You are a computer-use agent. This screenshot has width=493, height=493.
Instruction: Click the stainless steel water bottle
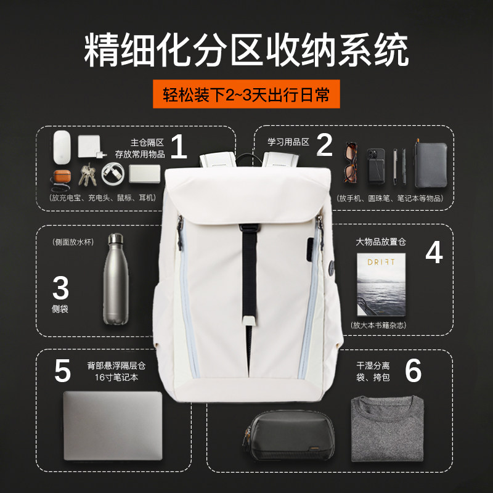(x=116, y=279)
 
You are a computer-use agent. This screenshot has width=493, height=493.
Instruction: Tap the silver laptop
(x=113, y=426)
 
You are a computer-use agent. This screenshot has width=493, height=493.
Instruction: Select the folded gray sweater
(x=388, y=428)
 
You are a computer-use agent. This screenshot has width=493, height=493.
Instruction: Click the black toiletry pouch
(x=288, y=435)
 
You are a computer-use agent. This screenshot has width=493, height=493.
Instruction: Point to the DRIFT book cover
(x=381, y=285)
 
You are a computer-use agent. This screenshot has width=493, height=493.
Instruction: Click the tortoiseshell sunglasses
(x=351, y=162)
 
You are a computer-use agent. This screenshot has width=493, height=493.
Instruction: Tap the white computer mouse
(x=62, y=147)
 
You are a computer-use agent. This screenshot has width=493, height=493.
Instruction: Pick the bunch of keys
(x=87, y=174)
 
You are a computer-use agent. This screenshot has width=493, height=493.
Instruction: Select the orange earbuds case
(x=62, y=176)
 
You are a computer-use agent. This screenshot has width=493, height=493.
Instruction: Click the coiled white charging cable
(x=113, y=174)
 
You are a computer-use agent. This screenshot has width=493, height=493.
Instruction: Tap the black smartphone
(x=376, y=166)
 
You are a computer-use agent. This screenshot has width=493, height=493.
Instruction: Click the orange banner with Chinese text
(x=246, y=94)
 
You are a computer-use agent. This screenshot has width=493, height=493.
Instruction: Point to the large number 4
(x=434, y=252)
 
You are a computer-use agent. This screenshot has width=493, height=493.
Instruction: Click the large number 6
(x=413, y=370)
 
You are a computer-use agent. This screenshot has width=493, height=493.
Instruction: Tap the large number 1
(x=179, y=147)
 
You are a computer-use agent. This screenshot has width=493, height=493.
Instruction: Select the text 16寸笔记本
(x=116, y=377)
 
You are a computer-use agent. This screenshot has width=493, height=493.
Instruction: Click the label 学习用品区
(x=288, y=142)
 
